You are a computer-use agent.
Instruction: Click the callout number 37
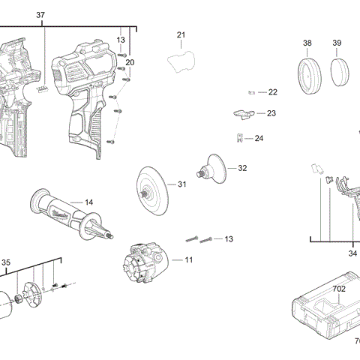coord(40,15)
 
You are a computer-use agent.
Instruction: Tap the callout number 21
coord(181,35)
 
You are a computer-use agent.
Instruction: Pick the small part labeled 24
coord(239,137)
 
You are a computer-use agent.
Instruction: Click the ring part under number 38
coord(308,75)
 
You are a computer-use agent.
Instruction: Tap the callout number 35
coord(6,262)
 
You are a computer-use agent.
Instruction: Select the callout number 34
coord(352,253)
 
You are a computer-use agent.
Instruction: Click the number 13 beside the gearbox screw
coord(229,238)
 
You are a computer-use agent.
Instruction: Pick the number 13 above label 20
coord(121,39)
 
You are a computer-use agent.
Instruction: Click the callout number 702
coord(339,288)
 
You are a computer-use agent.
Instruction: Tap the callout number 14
coord(88,202)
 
